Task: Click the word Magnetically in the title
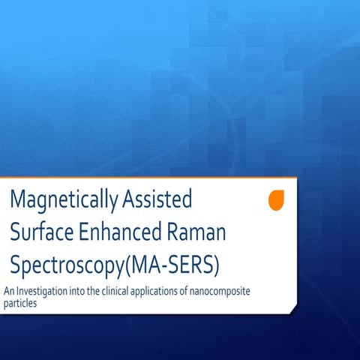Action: pyautogui.click(x=59, y=200)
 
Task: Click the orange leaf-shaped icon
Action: pyautogui.click(x=276, y=200)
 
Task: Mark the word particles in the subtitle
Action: pyautogui.click(x=20, y=304)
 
